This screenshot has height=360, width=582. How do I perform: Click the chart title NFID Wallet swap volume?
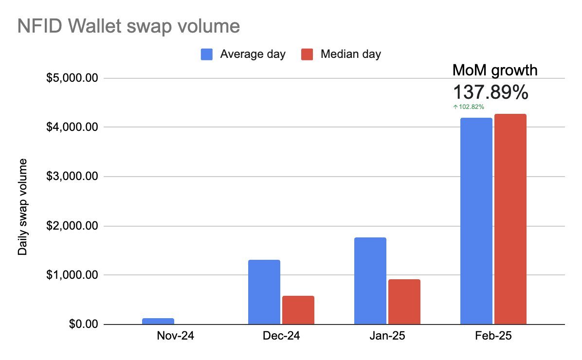[x=128, y=26]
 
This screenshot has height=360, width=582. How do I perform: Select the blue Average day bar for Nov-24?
[x=158, y=321]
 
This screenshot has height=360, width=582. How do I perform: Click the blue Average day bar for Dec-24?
[x=264, y=292]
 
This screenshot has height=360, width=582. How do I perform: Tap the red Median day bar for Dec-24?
[x=298, y=310]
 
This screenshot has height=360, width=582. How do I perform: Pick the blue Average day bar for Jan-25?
[x=370, y=281]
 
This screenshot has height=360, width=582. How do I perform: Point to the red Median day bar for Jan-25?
[x=404, y=302]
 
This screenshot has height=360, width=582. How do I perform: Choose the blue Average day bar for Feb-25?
[x=476, y=221]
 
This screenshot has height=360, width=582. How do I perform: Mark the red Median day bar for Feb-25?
[x=510, y=219]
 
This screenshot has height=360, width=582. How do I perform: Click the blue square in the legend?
[x=206, y=54]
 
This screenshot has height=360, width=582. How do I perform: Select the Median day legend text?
[x=350, y=54]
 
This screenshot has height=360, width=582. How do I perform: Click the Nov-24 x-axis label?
[x=175, y=337]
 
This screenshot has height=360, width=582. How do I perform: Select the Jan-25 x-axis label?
[x=387, y=337]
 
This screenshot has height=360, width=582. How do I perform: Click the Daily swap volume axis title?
[x=23, y=207]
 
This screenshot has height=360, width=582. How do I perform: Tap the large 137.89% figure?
[x=491, y=92]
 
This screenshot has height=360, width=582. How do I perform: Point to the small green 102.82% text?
[x=469, y=107]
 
